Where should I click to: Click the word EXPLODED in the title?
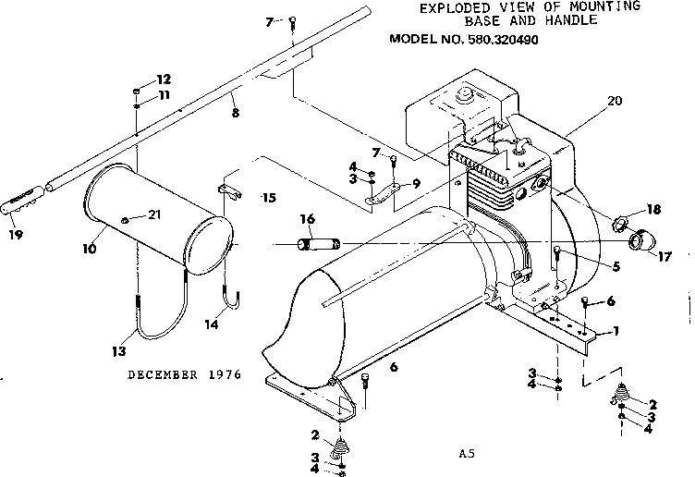click(x=452, y=7)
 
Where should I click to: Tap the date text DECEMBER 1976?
click(x=184, y=374)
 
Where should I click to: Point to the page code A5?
click(x=466, y=454)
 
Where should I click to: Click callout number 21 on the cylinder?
click(x=155, y=215)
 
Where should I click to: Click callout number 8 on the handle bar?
click(x=235, y=113)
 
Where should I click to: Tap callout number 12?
click(x=164, y=79)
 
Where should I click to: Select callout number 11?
click(x=164, y=94)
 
